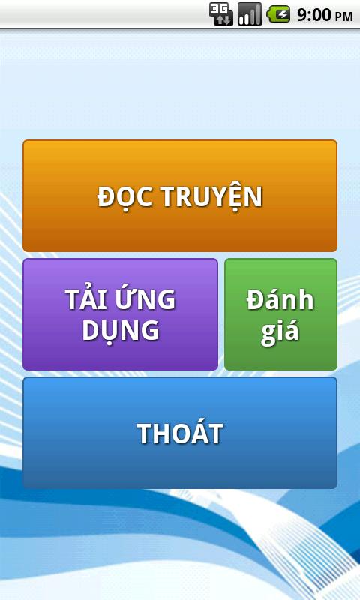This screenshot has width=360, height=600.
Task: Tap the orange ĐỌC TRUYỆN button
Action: (180, 196)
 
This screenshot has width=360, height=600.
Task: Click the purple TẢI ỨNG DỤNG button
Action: (120, 314)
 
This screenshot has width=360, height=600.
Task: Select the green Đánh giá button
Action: (280, 314)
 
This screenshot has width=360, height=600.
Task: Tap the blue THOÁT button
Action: (180, 433)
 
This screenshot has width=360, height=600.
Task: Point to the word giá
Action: (280, 331)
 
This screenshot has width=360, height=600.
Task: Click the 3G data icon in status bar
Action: (221, 14)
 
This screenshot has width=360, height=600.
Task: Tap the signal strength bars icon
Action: (250, 14)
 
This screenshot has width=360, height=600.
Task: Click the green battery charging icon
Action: (278, 14)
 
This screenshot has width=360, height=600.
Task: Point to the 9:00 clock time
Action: (313, 15)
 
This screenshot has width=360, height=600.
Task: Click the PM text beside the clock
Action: (343, 16)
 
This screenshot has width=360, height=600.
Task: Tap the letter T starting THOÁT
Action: (145, 433)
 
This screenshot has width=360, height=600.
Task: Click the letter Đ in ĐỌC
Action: (106, 197)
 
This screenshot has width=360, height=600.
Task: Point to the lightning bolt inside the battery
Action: (280, 14)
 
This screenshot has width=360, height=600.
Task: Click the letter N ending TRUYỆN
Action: (253, 197)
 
